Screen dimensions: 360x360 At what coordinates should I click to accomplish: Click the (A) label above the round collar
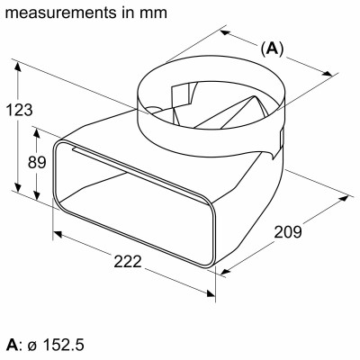pos(271,49)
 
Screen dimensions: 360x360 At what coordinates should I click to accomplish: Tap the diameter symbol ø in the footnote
pos(32,345)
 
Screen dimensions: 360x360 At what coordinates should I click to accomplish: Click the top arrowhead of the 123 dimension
pos(17,66)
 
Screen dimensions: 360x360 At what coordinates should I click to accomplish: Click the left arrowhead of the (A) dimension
pos(223,31)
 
